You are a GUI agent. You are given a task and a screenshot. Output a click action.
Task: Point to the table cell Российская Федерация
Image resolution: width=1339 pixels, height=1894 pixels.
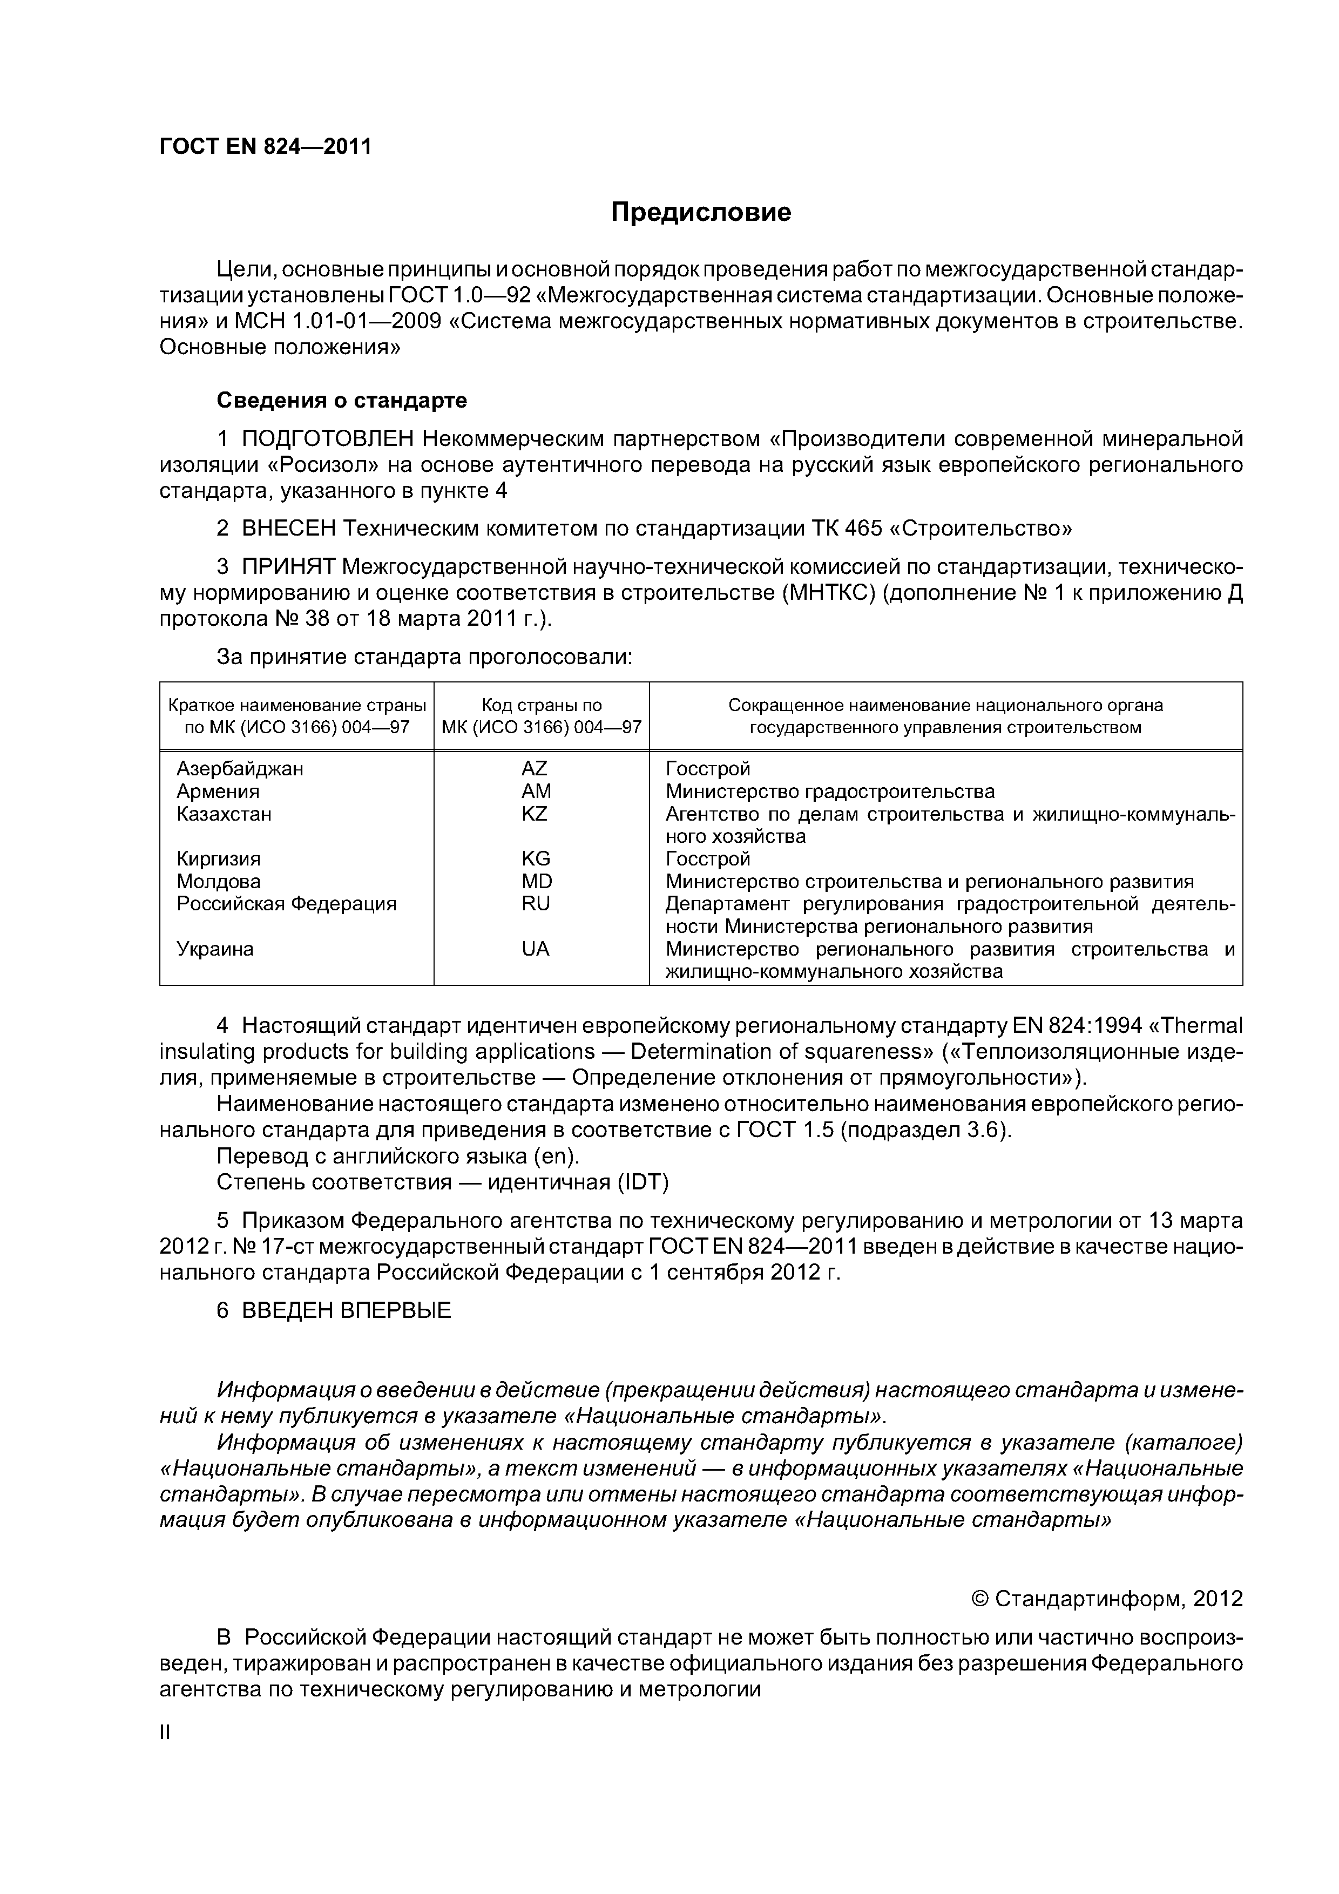click(286, 903)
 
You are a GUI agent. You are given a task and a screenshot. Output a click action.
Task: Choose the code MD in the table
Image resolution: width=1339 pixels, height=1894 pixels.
click(536, 881)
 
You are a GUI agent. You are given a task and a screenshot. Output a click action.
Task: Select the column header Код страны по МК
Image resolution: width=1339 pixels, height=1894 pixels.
click(541, 716)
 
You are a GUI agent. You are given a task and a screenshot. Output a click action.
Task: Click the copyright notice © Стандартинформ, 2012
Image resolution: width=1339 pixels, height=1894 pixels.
click(1106, 1600)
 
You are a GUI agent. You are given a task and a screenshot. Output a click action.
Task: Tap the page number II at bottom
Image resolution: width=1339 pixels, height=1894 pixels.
click(164, 1733)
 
